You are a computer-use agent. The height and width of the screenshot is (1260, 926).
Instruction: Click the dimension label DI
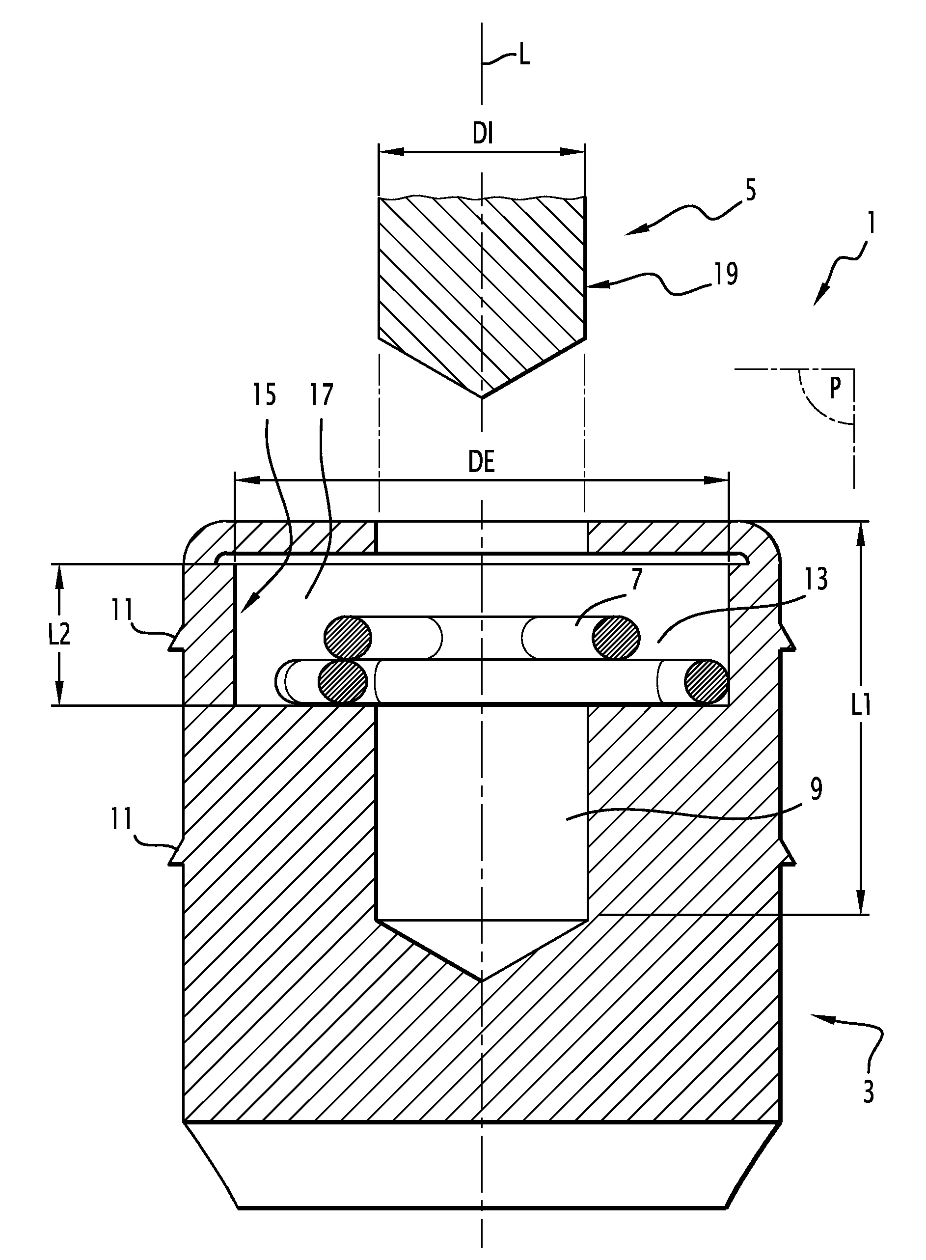(483, 136)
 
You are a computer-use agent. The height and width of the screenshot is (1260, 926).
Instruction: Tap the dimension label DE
(482, 464)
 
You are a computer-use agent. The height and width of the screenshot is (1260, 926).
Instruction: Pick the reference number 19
(726, 274)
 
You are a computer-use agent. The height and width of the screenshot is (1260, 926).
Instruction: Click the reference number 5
(750, 191)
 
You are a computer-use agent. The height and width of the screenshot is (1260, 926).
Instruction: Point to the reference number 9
(816, 789)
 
